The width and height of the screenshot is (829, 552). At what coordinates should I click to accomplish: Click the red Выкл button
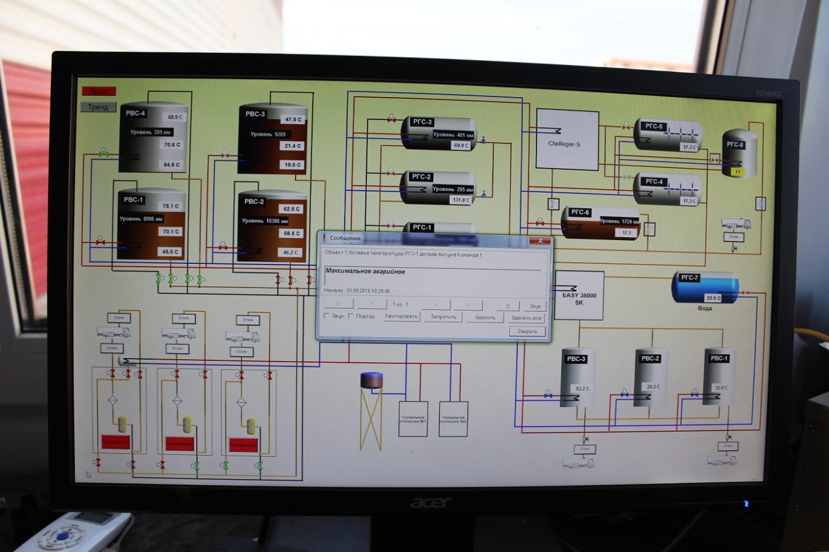[x=98, y=91]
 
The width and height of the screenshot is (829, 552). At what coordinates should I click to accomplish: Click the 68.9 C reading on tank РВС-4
[x=175, y=117]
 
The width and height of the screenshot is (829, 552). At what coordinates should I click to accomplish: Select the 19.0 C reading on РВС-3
[x=293, y=165]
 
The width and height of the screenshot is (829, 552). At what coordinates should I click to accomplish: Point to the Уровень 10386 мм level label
[x=265, y=221]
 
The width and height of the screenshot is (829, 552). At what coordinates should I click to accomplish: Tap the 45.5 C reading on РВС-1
[x=170, y=252]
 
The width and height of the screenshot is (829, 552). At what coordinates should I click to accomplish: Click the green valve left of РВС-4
[x=104, y=154]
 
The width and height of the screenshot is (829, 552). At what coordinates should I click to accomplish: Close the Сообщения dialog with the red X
[x=540, y=241]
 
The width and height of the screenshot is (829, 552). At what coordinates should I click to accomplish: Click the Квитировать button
[x=401, y=317]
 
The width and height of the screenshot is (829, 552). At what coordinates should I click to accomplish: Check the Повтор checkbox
[x=351, y=316]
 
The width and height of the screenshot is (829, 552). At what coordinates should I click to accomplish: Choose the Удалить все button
[x=526, y=318]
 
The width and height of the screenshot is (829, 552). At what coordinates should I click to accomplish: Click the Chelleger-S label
[x=564, y=144]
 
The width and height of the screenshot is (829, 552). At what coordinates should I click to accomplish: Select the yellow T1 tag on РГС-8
[x=737, y=172]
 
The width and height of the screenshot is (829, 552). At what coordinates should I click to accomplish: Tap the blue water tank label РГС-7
[x=689, y=278]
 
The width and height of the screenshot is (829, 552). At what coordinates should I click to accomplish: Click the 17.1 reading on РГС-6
[x=626, y=233]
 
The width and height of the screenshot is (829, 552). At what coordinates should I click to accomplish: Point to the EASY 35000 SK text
[x=579, y=298]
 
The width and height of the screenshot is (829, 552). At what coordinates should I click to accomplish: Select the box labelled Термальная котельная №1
[x=413, y=419]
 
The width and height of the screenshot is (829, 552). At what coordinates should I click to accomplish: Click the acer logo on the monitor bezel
[x=431, y=502]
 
